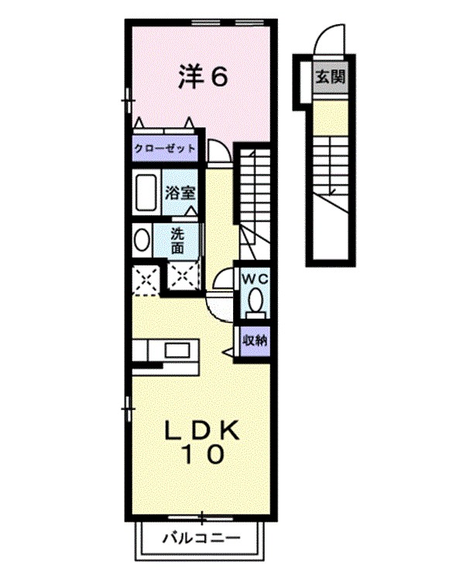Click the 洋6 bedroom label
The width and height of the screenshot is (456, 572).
(x=204, y=76)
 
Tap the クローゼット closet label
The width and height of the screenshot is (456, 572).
(x=164, y=148)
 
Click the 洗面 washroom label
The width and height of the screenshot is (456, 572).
(x=177, y=240)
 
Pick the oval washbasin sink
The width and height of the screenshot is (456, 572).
(x=142, y=240)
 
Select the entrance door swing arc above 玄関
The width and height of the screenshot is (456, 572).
(x=331, y=39)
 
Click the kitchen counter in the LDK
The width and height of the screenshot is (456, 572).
(x=164, y=351)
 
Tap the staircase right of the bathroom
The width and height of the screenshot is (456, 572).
(x=253, y=194)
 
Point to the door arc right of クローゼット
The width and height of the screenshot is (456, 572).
(x=219, y=152)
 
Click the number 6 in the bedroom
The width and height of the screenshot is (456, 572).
(x=219, y=76)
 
